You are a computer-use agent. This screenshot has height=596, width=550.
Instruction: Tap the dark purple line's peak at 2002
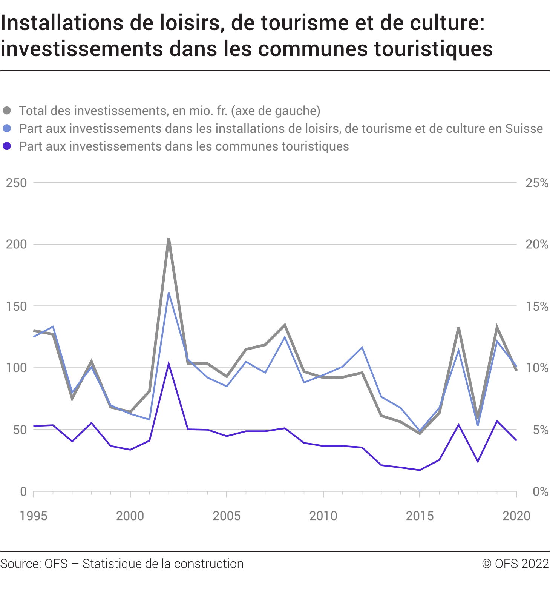pyautogui.click(x=169, y=364)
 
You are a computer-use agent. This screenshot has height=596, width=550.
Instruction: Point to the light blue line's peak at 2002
pyautogui.click(x=169, y=293)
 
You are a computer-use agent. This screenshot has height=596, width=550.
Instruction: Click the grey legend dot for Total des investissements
pyautogui.click(x=7, y=111)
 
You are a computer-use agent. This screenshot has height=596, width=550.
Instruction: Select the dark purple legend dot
pyautogui.click(x=7, y=146)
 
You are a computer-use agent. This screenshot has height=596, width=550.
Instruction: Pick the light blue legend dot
pyautogui.click(x=7, y=128)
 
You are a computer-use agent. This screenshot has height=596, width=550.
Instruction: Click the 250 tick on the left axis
pyautogui.click(x=17, y=183)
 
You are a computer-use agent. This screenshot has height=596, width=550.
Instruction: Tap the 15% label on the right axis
pyautogui.click(x=537, y=306)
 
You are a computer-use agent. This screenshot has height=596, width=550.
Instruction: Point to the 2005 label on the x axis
pyautogui.click(x=227, y=516)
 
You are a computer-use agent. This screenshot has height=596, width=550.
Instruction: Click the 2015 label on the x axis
pyautogui.click(x=420, y=516)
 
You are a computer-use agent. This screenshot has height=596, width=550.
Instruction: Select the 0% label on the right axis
pyautogui.click(x=540, y=491)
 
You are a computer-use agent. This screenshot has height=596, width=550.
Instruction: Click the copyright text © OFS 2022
pyautogui.click(x=515, y=564)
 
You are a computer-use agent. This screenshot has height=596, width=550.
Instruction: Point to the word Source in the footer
pyautogui.click(x=20, y=564)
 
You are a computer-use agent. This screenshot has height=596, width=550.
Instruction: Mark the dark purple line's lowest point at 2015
pyautogui.click(x=420, y=470)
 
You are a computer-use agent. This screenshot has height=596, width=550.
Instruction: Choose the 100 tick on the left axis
pyautogui.click(x=17, y=368)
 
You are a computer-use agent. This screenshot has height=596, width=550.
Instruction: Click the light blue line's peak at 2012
pyautogui.click(x=362, y=347)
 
